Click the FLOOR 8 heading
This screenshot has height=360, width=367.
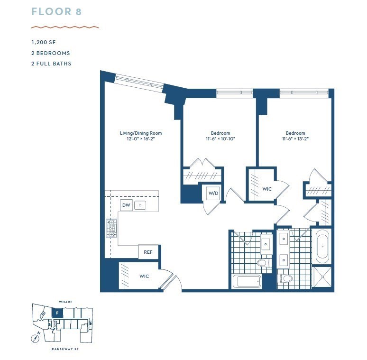(56, 12)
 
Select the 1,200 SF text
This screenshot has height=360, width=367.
(43, 43)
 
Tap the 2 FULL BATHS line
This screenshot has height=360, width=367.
(51, 64)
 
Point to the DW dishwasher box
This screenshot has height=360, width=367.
(126, 205)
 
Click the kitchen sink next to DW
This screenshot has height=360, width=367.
(140, 205)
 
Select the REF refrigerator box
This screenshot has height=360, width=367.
(148, 252)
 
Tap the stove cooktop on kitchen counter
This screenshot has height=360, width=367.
(111, 228)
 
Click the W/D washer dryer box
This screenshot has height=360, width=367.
(212, 193)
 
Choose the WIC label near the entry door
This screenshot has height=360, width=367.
(144, 276)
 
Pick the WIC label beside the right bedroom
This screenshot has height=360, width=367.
(267, 189)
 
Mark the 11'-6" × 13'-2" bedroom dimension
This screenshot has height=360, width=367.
(295, 139)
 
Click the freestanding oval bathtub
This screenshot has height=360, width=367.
(322, 246)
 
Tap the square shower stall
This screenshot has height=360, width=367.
(322, 277)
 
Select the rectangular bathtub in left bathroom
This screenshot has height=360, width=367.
(247, 281)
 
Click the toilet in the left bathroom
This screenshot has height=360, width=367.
(262, 262)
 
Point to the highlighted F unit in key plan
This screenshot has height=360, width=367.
(57, 313)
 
